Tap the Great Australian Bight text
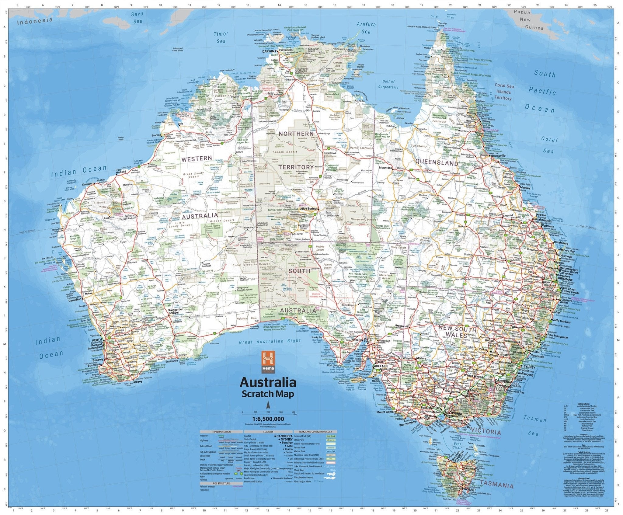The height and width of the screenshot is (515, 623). pyautogui.click(x=270, y=342)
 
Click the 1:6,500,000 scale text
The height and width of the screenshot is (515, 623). pyautogui.click(x=268, y=419)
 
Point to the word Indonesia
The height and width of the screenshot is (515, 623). pyautogui.click(x=35, y=21)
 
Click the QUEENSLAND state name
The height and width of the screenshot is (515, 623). pyautogui.click(x=437, y=163)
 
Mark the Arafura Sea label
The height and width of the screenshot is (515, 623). pyautogui.click(x=366, y=28)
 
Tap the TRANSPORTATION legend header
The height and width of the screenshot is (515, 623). pyautogui.click(x=221, y=432)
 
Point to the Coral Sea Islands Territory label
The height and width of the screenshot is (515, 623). pyautogui.click(x=504, y=92)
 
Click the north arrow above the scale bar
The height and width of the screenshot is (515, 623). pyautogui.click(x=268, y=405)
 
